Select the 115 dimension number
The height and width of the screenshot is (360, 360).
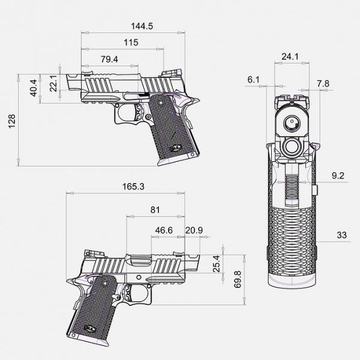(131, 43)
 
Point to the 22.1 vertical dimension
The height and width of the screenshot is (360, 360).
(53, 83)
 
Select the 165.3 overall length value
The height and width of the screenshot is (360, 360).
(133, 187)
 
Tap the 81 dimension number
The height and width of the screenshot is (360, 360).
(155, 209)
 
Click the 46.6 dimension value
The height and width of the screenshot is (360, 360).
(164, 230)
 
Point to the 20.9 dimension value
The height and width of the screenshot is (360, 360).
(194, 230)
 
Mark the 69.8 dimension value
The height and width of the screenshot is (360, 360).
(238, 278)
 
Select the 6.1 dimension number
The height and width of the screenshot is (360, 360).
(253, 79)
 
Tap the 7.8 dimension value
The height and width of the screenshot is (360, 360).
(323, 83)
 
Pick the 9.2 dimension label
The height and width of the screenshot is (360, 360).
(338, 176)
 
